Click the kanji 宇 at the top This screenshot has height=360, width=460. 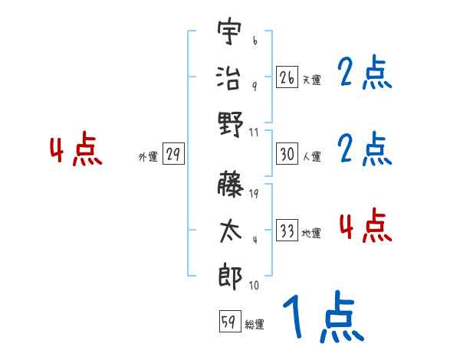(230, 34)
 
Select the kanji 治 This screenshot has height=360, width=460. (230, 77)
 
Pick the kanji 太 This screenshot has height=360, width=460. (230, 231)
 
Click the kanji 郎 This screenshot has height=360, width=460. (230, 277)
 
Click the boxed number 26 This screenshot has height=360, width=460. (287, 77)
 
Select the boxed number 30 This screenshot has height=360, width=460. (287, 154)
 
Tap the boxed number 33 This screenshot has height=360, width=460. (287, 231)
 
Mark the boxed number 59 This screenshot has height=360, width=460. (229, 322)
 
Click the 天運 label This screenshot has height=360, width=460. (311, 79)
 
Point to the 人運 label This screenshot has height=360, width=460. (311, 156)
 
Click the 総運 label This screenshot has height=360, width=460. (254, 324)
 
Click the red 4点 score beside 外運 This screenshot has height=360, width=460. (76, 151)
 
